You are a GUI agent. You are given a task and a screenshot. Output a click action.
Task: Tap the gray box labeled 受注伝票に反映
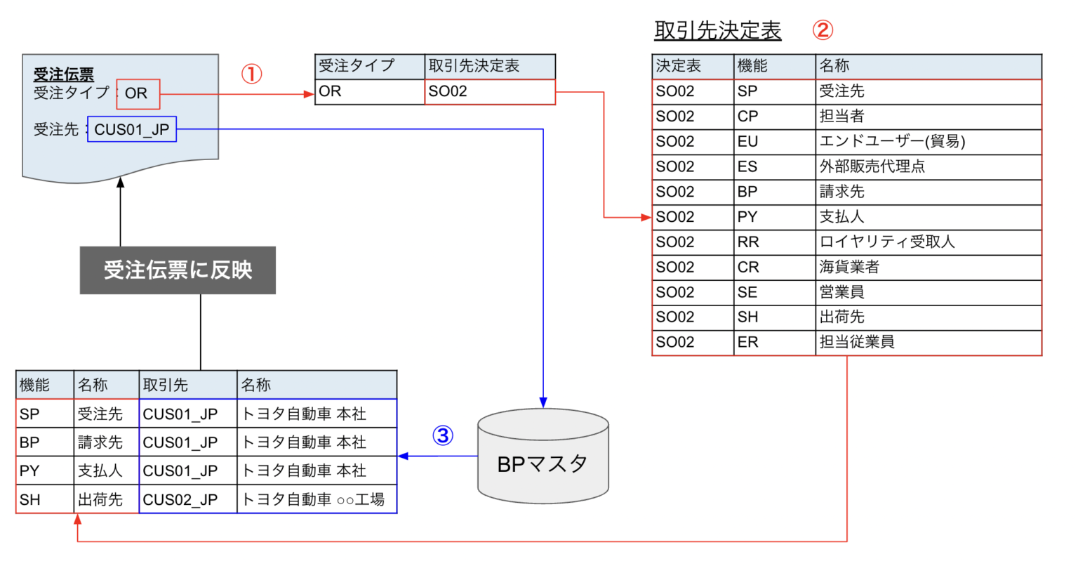tap(178, 270)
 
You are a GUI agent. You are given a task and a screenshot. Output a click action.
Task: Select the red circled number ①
tap(251, 74)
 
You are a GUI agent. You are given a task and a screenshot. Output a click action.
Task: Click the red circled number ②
tap(822, 30)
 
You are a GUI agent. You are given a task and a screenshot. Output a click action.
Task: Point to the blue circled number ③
tap(442, 436)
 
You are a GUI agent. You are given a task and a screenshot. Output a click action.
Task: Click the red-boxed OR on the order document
tap(138, 93)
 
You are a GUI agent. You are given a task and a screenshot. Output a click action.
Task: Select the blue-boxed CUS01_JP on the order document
tap(132, 129)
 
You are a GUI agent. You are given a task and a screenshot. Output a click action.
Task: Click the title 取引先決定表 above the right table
tap(717, 31)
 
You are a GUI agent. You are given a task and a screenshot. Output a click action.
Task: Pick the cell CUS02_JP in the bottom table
tap(180, 499)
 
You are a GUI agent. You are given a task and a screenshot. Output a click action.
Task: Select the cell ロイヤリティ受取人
tap(887, 242)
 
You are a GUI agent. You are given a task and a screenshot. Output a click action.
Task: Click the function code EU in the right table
tap(747, 142)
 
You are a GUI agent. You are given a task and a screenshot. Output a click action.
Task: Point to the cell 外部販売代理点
tap(872, 166)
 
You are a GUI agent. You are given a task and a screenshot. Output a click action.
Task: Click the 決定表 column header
tap(678, 66)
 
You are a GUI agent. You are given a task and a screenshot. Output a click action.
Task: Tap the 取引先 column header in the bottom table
tap(165, 385)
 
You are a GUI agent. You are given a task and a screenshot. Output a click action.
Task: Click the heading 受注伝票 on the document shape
tap(64, 74)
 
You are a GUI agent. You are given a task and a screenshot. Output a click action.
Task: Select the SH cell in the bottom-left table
tap(30, 499)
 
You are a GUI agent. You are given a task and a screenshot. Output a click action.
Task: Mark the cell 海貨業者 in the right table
tap(849, 268)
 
